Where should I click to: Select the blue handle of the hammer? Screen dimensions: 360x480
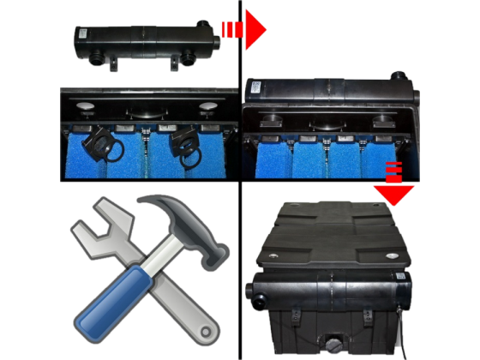107,303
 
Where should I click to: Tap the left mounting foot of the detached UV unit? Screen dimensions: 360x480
111,63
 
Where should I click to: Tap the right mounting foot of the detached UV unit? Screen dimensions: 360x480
183,63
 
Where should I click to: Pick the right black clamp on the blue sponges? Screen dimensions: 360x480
187,145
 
